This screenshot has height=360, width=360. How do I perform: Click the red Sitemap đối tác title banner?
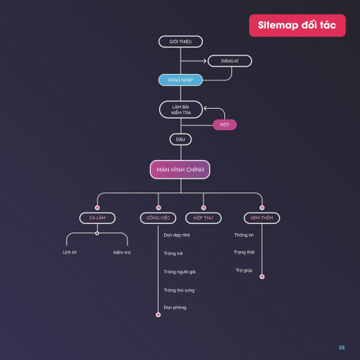297,26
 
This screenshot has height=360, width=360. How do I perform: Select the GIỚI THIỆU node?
181,42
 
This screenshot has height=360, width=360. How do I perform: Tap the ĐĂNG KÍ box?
230,61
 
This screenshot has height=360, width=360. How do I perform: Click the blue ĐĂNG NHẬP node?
181,80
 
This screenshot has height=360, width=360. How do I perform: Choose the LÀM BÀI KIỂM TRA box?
181,109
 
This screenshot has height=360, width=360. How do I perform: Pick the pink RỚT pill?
224,125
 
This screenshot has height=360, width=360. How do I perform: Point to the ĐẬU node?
181,139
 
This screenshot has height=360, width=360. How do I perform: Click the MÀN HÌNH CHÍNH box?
180,170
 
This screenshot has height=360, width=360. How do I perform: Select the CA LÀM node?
98,218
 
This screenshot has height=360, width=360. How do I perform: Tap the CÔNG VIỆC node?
158,218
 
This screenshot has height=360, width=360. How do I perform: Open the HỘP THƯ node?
204,218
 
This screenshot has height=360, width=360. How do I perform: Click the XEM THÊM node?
262,218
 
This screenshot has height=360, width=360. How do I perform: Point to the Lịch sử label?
69,252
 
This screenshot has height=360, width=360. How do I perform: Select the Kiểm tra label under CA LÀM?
122,253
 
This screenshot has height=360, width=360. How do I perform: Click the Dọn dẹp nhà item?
177,235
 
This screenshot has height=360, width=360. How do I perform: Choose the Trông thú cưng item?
179,290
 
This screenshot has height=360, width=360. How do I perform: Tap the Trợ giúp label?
244,270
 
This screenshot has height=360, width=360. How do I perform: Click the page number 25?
342,348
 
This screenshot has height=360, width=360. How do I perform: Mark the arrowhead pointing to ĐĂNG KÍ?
205,61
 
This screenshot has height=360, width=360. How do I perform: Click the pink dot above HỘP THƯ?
204,208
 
